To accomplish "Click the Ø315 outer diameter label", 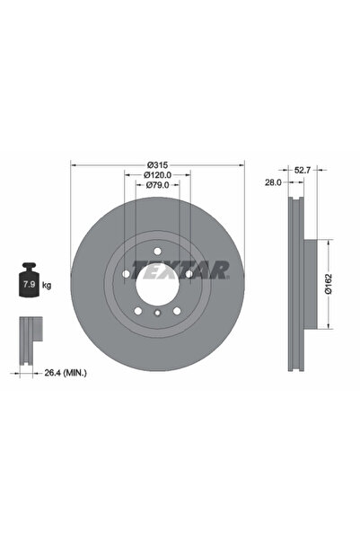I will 158,165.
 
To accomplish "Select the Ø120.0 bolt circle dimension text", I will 158,175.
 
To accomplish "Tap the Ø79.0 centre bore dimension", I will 158,185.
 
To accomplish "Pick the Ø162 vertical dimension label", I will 329,285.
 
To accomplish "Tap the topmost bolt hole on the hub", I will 157,251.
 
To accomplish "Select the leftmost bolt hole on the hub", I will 127,272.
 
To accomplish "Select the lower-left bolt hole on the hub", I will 138,308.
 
